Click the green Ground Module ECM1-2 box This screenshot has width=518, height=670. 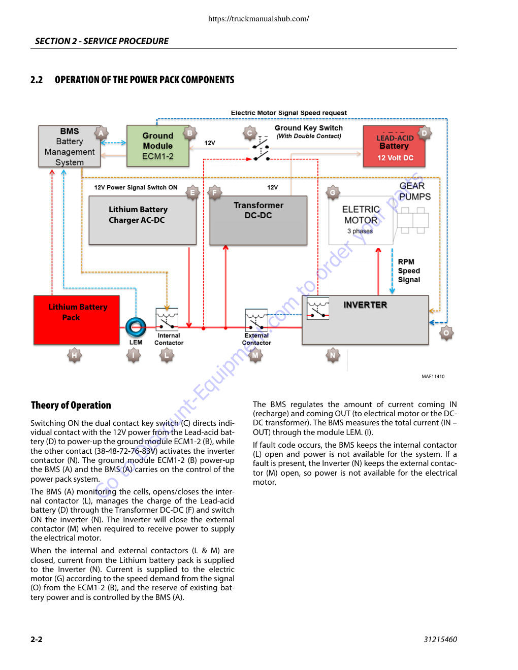(157, 146)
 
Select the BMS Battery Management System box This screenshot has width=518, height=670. (70, 146)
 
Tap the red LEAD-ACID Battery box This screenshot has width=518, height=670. (394, 146)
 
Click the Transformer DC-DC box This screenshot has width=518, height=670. (258, 220)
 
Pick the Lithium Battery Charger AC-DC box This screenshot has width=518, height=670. (143, 220)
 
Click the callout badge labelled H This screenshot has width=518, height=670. (74, 355)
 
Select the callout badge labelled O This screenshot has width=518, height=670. (446, 333)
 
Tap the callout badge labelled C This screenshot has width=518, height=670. (249, 133)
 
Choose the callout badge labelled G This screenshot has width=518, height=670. (333, 193)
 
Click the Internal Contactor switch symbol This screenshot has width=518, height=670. (167, 319)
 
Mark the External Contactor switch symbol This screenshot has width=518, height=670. (256, 319)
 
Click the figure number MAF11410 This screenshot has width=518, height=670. (433, 377)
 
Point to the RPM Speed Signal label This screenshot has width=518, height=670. (409, 271)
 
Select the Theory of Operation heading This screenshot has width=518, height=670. (71, 405)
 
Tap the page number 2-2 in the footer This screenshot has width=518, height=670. (37, 639)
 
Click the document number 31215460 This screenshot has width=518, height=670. (440, 639)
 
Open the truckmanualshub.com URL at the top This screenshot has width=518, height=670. (258, 19)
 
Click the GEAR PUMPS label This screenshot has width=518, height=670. (414, 191)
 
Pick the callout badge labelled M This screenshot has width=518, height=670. (255, 355)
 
